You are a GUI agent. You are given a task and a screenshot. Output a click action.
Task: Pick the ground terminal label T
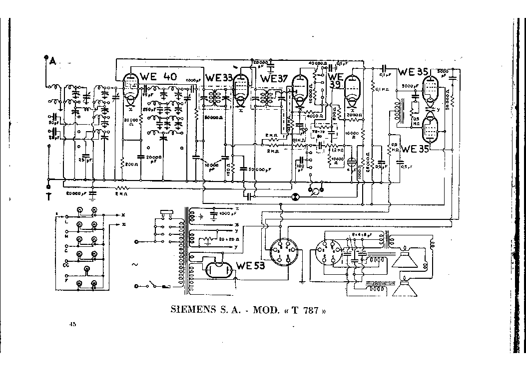[x=48, y=196]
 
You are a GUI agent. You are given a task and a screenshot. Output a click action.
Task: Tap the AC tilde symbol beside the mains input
[x=134, y=265]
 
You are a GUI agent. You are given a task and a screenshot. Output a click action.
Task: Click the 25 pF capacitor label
[x=87, y=160]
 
